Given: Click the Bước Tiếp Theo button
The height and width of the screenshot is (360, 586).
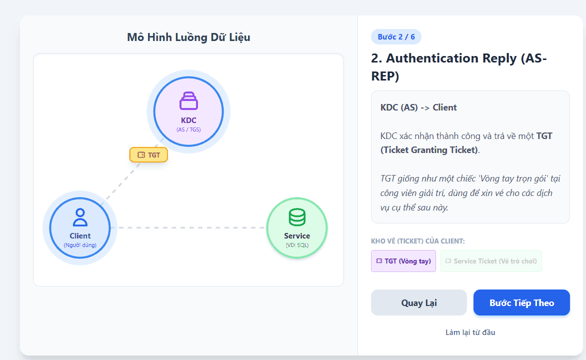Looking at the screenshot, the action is click(521, 302).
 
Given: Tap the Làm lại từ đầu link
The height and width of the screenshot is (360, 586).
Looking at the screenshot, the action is click(470, 332).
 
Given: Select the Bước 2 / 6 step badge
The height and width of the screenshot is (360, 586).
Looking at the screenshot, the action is click(396, 36).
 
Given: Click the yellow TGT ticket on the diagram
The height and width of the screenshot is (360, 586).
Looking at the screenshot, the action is click(148, 155).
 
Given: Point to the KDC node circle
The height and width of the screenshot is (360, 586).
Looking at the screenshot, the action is click(188, 112).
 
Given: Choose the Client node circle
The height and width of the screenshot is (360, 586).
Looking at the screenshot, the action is click(80, 227).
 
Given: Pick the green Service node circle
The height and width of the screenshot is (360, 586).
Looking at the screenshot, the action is click(297, 227).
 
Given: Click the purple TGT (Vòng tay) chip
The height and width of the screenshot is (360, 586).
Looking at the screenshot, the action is click(403, 261).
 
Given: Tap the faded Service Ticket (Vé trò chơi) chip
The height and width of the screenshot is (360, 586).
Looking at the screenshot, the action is click(491, 261).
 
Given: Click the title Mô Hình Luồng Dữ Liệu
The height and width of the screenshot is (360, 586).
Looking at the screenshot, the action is click(188, 37).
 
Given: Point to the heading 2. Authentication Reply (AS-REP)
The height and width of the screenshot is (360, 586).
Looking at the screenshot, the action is click(459, 67).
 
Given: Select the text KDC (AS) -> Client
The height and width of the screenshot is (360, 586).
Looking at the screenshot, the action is click(418, 107).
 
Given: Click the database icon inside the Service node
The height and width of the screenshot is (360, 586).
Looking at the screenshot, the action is click(297, 217).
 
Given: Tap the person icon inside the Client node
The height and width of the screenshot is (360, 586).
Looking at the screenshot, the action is click(80, 217).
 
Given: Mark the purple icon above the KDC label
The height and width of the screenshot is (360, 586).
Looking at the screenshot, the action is click(188, 100).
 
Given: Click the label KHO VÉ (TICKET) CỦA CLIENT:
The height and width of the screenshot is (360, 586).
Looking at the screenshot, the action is click(418, 241).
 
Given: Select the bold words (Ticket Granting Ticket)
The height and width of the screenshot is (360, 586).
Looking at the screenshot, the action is click(429, 150).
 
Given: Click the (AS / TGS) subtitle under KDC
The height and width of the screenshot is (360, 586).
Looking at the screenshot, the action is click(188, 129).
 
